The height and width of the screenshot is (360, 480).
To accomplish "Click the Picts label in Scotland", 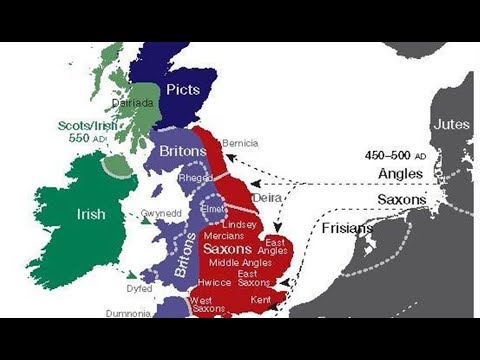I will pyautogui.click(x=182, y=90).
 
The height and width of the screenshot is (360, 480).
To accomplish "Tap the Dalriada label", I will pyautogui.click(x=133, y=102).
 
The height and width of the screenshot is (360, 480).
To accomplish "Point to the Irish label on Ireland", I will pyautogui.click(x=91, y=214).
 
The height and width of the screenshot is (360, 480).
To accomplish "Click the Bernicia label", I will pyautogui.click(x=240, y=143).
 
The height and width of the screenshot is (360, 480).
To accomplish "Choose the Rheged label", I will pyautogui.click(x=195, y=177).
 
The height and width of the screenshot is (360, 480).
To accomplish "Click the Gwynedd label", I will pyautogui.click(x=161, y=213).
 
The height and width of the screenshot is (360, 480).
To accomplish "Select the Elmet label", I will pyautogui.click(x=214, y=209).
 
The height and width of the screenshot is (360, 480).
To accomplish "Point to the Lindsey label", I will pyautogui.click(x=239, y=224).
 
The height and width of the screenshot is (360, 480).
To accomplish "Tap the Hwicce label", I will pyautogui.click(x=215, y=283).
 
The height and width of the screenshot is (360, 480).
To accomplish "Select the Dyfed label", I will pyautogui.click(x=139, y=288).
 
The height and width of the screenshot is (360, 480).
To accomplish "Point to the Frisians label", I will pyautogui.click(x=348, y=228).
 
